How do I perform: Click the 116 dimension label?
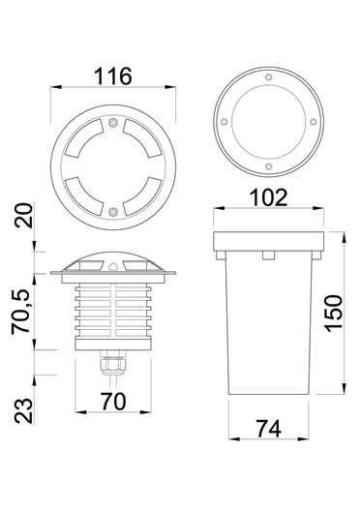click(113, 76)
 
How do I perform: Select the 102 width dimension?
click(269, 197)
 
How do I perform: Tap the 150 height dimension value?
click(334, 314)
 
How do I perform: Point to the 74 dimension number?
click(269, 429)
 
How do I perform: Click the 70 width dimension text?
click(113, 402)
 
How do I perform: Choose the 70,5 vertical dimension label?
click(21, 312)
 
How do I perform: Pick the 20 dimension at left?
click(24, 216)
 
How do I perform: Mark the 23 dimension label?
click(24, 410)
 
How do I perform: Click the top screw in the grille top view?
click(113, 123)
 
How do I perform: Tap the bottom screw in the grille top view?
click(113, 212)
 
